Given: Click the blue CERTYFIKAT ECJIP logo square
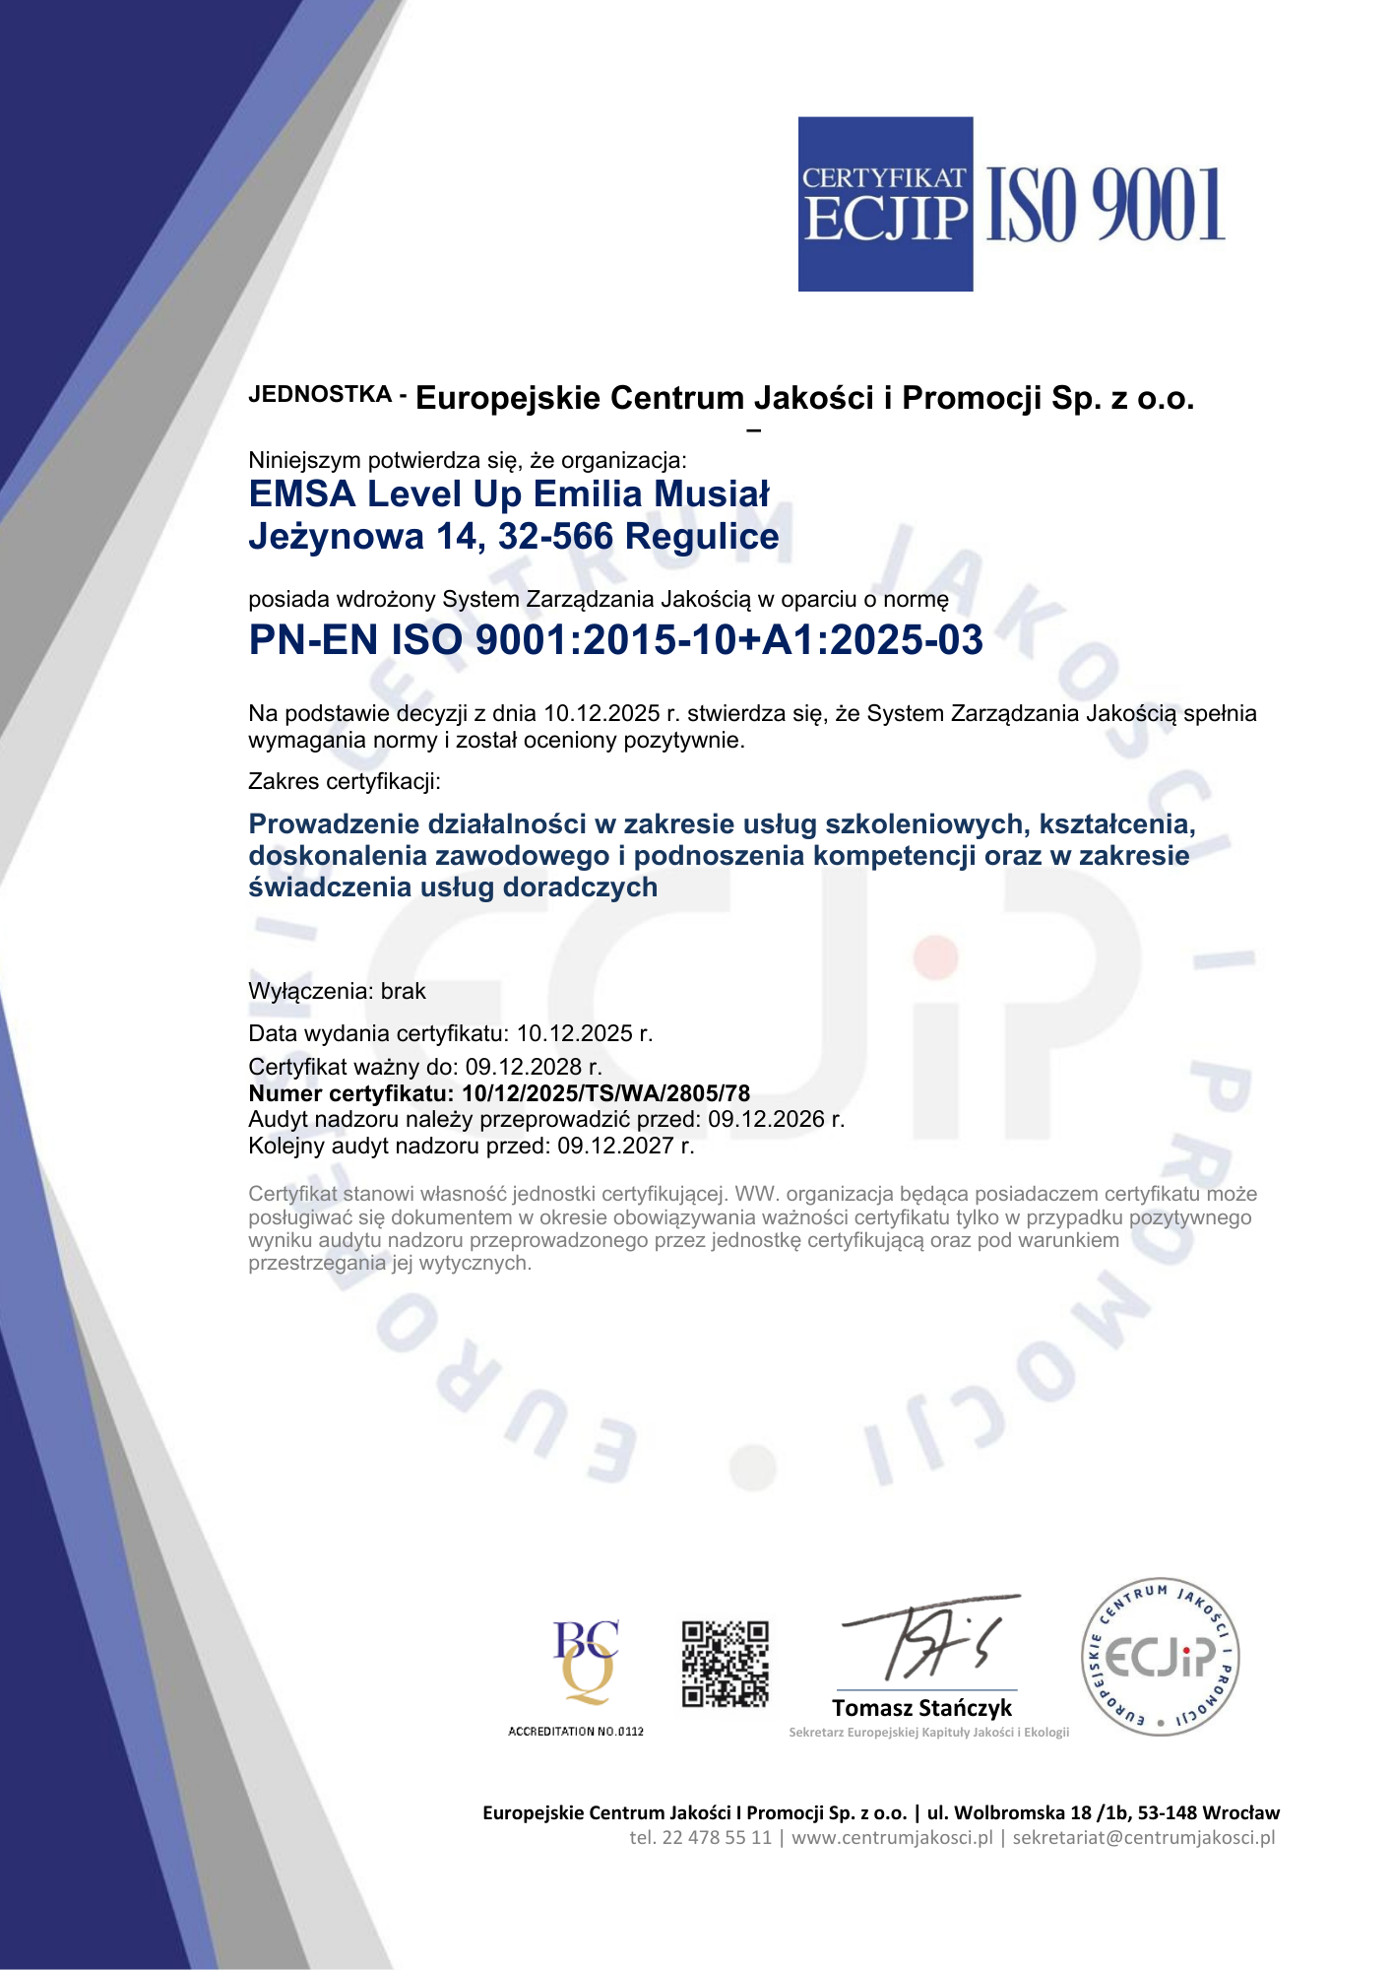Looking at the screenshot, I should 885,204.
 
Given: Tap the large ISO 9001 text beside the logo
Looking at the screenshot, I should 1105,205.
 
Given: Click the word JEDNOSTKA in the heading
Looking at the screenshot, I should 320,395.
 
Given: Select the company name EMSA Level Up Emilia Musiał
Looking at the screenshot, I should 509,494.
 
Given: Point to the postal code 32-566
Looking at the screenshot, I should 555,537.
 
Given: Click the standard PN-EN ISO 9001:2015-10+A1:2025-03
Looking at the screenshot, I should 615,640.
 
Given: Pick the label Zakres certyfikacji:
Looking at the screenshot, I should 345,782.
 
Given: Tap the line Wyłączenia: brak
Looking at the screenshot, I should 337,992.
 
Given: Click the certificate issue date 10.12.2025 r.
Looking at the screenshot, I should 585,1033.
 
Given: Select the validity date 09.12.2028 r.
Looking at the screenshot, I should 534,1067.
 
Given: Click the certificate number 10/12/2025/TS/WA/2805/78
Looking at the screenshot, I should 605,1093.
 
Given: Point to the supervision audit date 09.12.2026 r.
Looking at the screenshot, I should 776,1120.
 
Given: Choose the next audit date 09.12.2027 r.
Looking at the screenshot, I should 625,1147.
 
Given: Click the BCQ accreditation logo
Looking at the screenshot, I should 585,1663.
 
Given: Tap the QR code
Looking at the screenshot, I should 726,1663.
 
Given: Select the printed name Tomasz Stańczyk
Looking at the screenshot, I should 921,1708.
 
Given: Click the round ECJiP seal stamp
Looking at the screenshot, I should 1160,1657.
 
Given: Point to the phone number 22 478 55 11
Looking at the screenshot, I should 717,1838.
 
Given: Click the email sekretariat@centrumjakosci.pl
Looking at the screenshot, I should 1143,1838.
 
